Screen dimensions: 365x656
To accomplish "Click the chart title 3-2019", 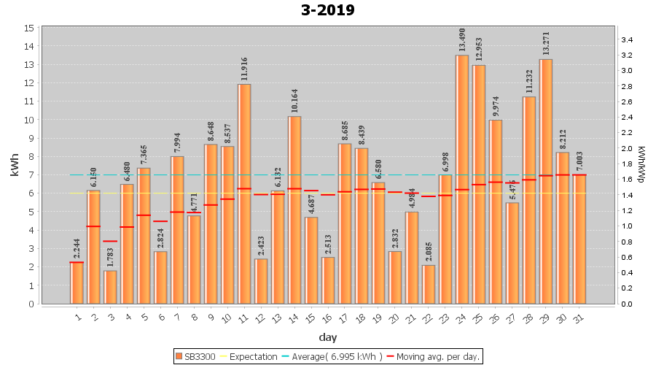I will tap(328, 10).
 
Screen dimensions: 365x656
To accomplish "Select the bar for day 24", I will tap(461, 179).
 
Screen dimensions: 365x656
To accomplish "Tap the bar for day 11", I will tap(244, 193).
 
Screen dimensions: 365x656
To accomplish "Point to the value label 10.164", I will tap(294, 101).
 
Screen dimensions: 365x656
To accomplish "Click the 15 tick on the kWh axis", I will tap(29, 28).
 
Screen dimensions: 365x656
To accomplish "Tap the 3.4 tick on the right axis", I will tap(628, 40).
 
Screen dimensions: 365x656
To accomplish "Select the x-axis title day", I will tap(327, 337).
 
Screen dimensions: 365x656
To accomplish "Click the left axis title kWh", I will tap(15, 165).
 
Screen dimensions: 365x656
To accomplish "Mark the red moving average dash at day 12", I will tap(261, 195).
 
